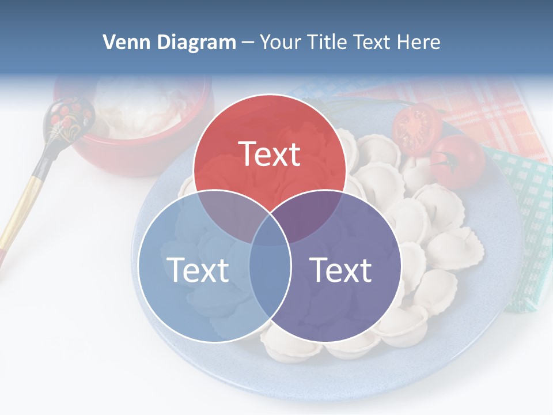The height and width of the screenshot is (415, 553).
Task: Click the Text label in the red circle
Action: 270,154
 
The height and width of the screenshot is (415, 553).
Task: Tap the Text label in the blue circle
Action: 197,269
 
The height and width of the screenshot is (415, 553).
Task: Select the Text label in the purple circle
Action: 340,269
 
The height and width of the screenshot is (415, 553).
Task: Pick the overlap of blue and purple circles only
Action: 270,282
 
